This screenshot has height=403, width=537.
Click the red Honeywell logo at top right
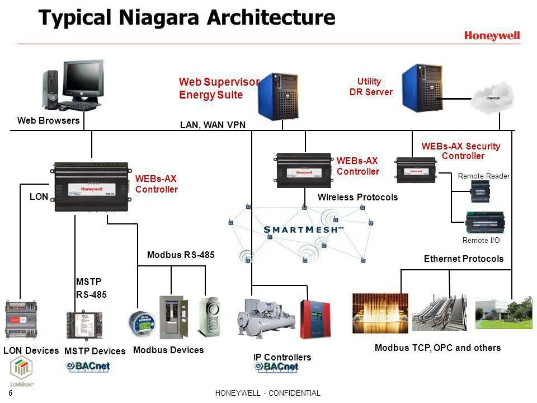point(492,36)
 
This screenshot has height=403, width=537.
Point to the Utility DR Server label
point(370,87)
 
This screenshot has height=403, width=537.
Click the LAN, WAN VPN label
point(213,125)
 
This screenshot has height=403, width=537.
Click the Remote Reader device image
point(481,191)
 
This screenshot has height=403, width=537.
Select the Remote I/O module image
point(486,222)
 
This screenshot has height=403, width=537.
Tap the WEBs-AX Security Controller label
point(461,151)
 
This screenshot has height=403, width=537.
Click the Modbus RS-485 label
point(181,255)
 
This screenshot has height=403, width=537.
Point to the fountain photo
point(380,313)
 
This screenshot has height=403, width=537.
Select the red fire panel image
point(315,319)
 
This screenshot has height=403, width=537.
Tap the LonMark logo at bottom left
point(22,372)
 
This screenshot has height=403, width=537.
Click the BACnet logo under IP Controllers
point(276,367)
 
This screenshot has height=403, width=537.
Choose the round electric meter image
point(140,323)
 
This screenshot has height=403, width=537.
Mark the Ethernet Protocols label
point(464,259)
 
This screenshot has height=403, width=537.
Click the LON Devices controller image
point(21,321)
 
